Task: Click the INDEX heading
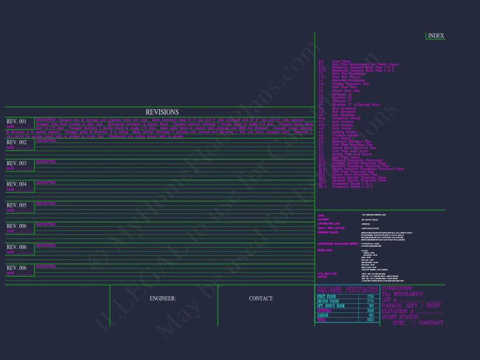click(x=436, y=36)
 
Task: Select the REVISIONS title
click(x=162, y=112)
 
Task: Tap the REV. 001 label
click(x=17, y=121)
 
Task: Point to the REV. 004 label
click(x=17, y=184)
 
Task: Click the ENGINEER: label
click(x=163, y=298)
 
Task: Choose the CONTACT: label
click(x=261, y=298)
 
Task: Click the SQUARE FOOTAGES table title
click(x=347, y=290)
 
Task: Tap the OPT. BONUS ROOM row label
click(x=331, y=306)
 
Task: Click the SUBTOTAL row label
click(x=324, y=311)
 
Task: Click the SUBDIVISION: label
click(x=397, y=288)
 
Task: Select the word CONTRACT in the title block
click(x=431, y=323)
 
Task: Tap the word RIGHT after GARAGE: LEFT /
click(x=434, y=305)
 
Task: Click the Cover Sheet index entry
click(x=341, y=62)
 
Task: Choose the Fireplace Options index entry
click(x=345, y=135)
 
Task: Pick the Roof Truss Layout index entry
click(x=346, y=157)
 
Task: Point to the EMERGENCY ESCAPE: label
click(x=330, y=233)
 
